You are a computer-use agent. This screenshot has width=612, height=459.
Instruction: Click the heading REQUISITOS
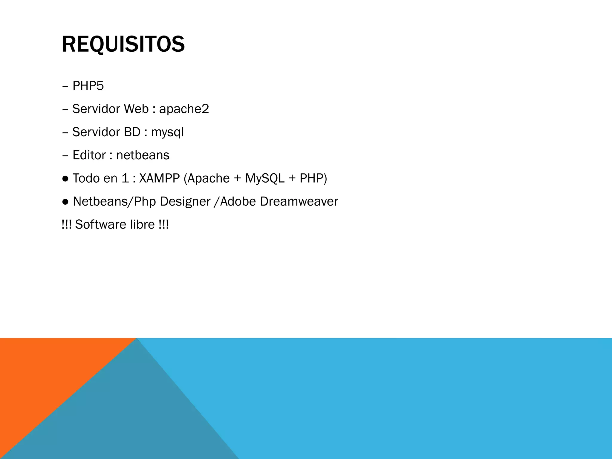[x=123, y=44]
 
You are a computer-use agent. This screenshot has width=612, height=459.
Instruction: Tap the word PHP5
[x=88, y=86]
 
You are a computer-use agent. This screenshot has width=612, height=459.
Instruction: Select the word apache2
[x=184, y=109]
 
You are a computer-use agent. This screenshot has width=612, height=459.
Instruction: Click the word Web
[x=136, y=109]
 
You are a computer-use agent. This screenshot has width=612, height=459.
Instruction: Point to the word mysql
[x=167, y=132]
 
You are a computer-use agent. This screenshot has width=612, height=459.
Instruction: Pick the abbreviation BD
[x=132, y=132]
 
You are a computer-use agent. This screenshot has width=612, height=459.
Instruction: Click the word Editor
[x=89, y=155]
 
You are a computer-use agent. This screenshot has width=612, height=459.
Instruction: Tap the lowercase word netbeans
[x=143, y=155]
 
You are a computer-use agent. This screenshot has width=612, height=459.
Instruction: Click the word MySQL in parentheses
[x=265, y=178]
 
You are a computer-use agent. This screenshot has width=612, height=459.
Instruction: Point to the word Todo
[x=86, y=178]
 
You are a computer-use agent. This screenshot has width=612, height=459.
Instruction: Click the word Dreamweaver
[x=299, y=202]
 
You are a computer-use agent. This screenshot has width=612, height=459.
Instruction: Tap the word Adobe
[x=238, y=202]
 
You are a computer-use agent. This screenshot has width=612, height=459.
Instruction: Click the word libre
[x=142, y=225]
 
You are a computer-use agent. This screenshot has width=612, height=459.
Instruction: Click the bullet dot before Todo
[x=65, y=179]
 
